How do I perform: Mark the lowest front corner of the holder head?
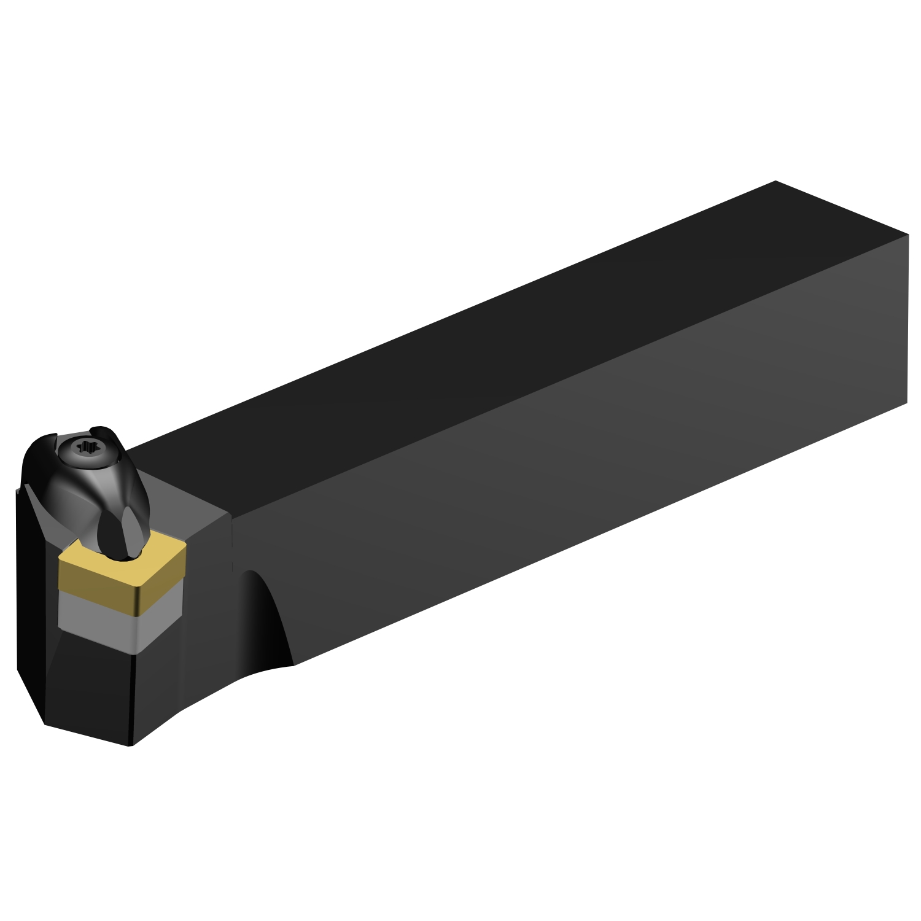click(x=130, y=745)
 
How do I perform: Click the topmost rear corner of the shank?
click(x=775, y=181)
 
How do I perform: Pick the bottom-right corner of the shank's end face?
click(x=907, y=403)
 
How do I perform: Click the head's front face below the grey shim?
click(x=92, y=688)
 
